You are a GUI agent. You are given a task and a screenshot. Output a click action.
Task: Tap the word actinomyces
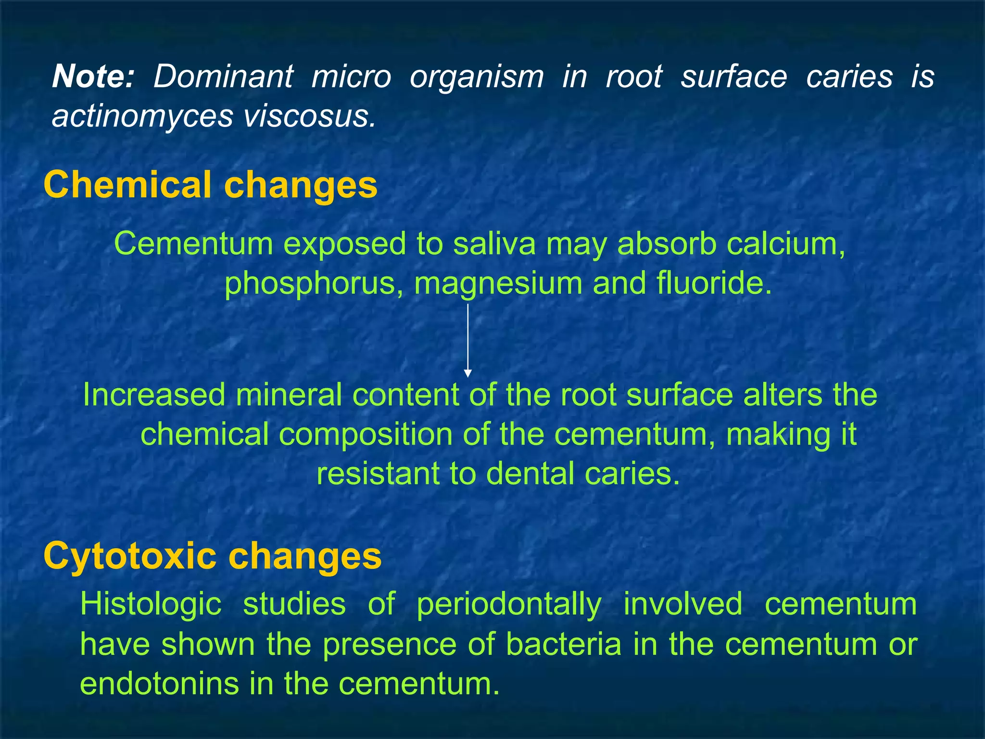[142, 116]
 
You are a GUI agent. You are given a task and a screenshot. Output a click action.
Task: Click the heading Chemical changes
[210, 185]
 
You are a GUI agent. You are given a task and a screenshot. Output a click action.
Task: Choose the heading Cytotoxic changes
[212, 556]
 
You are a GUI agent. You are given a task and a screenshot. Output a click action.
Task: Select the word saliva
[494, 243]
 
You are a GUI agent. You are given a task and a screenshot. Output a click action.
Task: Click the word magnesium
[498, 284]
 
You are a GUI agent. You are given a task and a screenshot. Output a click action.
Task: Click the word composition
[366, 434]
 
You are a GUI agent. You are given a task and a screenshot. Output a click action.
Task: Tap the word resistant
[378, 473]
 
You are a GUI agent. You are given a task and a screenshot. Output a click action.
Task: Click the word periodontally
[509, 604]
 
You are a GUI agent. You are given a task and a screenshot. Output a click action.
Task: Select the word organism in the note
[477, 77]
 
